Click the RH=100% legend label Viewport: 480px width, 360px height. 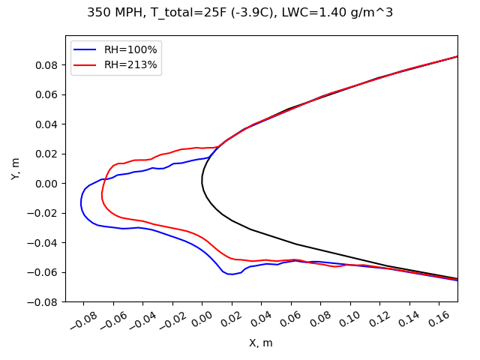pyautogui.click(x=130, y=50)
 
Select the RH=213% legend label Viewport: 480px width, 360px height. pyautogui.click(x=130, y=65)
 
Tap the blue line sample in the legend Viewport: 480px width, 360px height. pyautogui.click(x=86, y=50)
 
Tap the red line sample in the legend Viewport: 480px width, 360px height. pyautogui.click(x=86, y=65)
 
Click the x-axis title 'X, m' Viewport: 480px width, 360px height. pyautogui.click(x=261, y=343)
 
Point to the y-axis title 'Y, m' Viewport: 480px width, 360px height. pyautogui.click(x=16, y=168)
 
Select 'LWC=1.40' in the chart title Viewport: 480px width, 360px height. pyautogui.click(x=324, y=13)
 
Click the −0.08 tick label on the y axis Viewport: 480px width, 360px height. pyautogui.click(x=46, y=301)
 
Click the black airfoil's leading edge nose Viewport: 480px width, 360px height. pyautogui.click(x=202, y=182)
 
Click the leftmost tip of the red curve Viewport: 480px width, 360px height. pyautogui.click(x=102, y=196)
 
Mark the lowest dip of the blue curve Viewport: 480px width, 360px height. pyautogui.click(x=231, y=274)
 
